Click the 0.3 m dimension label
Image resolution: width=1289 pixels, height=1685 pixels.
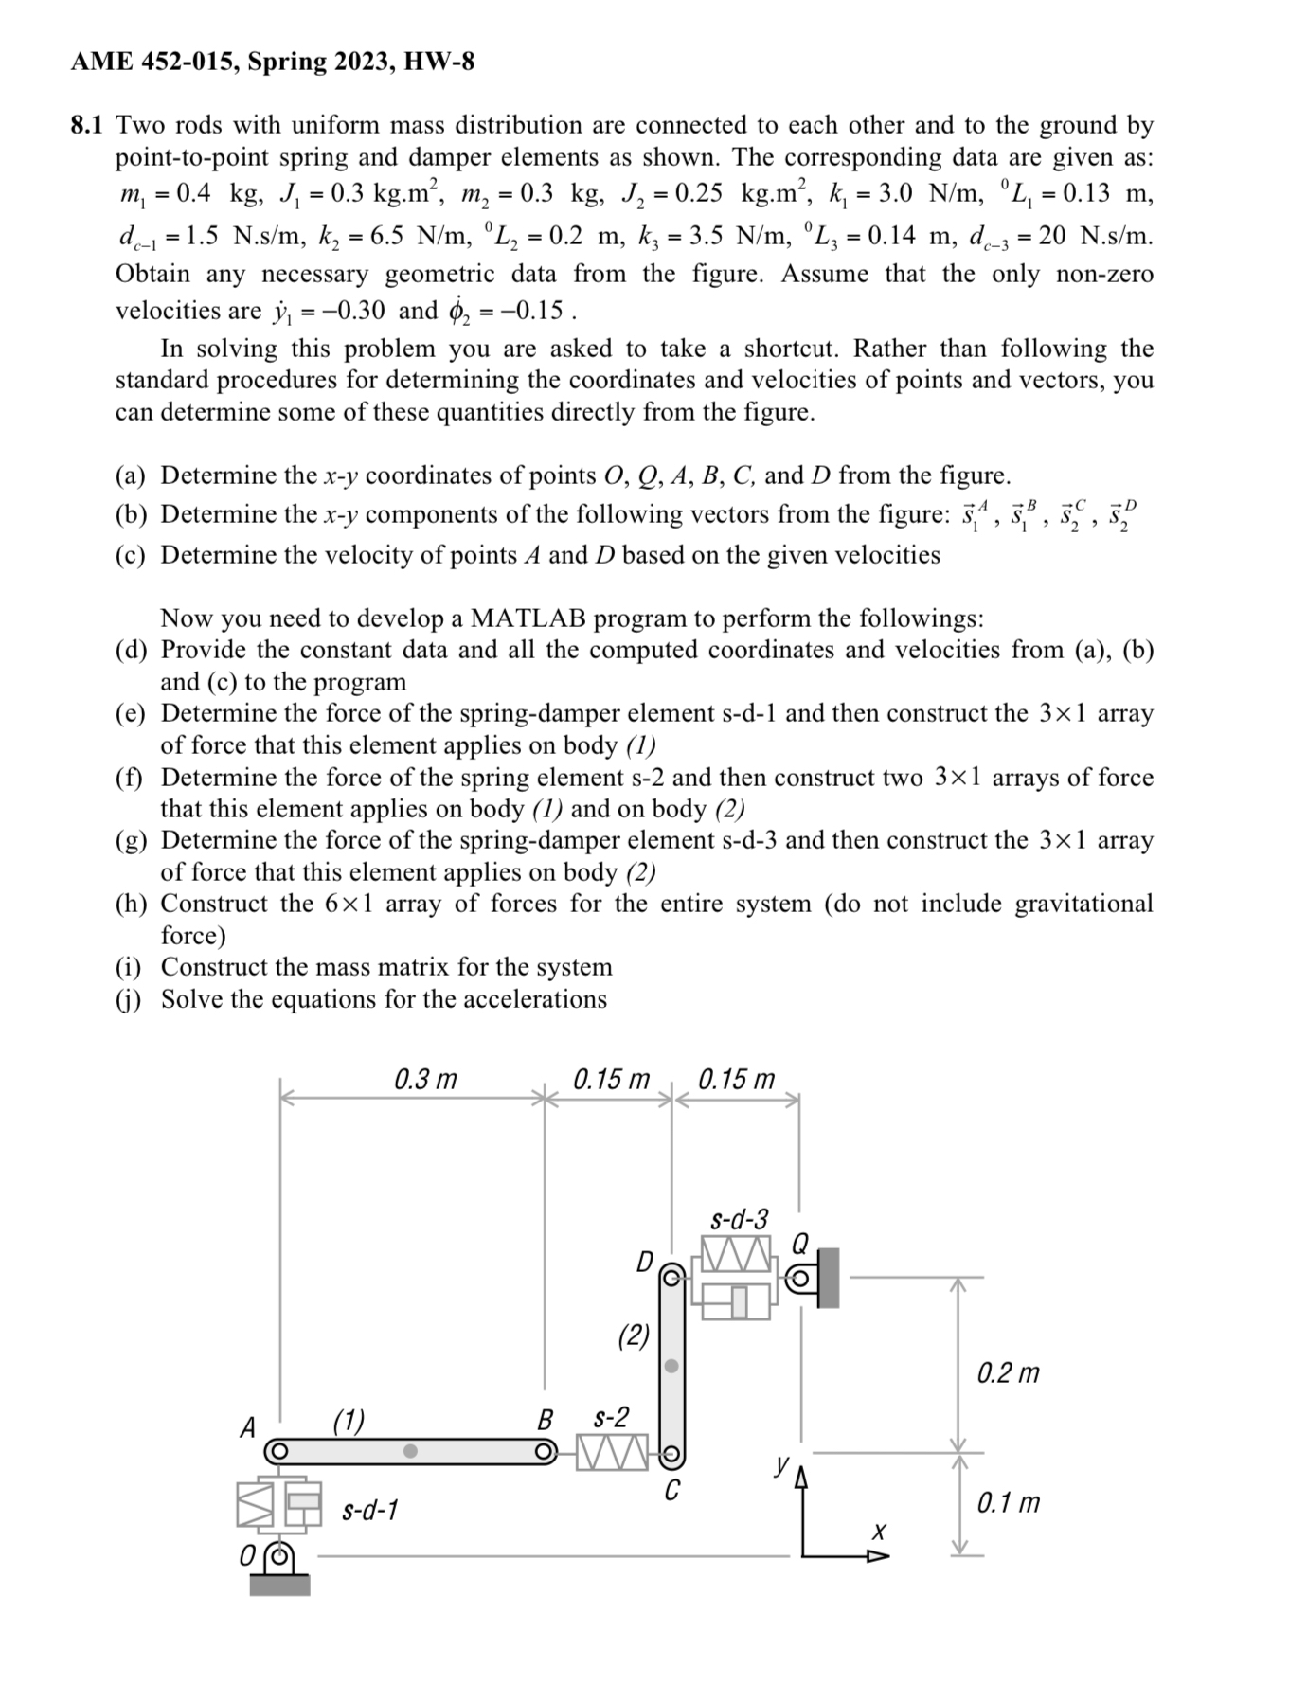pos(425,1079)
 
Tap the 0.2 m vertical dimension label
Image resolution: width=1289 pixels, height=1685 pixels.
pos(1008,1372)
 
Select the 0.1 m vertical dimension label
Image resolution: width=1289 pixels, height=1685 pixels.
pos(1008,1502)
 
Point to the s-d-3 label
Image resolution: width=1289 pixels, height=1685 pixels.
pos(739,1218)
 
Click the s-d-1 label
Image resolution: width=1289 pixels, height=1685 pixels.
pos(369,1509)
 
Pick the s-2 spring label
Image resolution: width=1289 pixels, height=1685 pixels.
pos(610,1418)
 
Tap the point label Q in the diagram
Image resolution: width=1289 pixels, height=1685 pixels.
pos(800,1241)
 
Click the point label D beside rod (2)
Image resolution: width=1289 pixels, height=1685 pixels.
pos(645,1262)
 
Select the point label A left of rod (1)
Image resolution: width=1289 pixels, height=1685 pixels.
pos(248,1426)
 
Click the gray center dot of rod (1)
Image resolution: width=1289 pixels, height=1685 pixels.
pos(410,1451)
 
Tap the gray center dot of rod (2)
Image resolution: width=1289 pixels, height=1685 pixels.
pos(671,1366)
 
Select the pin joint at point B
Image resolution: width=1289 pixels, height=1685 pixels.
pos(544,1451)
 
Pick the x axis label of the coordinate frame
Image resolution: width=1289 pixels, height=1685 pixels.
pos(878,1532)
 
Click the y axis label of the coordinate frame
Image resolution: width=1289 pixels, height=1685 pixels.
pos(780,1465)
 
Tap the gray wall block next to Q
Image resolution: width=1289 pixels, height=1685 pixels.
pos(828,1278)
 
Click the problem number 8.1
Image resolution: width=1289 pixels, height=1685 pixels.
pos(91,125)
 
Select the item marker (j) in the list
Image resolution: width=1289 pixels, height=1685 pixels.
pos(130,999)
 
